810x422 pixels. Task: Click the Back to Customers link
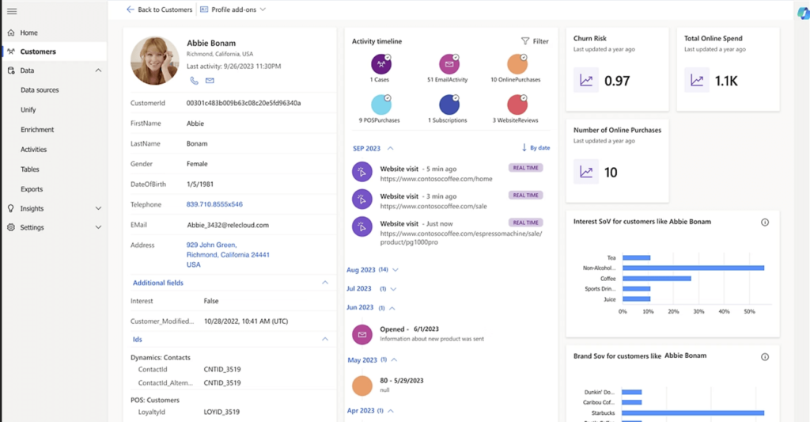click(160, 10)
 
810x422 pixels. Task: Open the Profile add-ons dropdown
click(233, 10)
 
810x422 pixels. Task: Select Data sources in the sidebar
click(40, 90)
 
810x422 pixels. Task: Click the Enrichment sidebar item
click(37, 130)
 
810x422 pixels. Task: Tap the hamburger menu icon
click(12, 10)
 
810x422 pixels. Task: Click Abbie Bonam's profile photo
click(154, 60)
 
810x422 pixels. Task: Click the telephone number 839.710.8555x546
click(214, 205)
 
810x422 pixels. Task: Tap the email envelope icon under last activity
click(210, 81)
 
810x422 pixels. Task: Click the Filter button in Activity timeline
click(535, 41)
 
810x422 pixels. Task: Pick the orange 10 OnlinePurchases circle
click(517, 64)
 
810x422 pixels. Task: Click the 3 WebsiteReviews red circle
click(517, 105)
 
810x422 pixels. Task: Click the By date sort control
click(536, 148)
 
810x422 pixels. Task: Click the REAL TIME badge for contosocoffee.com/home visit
click(525, 168)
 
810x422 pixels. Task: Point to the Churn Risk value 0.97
click(617, 81)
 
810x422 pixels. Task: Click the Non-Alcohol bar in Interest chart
click(693, 268)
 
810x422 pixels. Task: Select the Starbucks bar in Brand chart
click(693, 412)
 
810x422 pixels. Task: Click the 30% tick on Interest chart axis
click(698, 311)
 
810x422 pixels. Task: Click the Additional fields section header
click(158, 283)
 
